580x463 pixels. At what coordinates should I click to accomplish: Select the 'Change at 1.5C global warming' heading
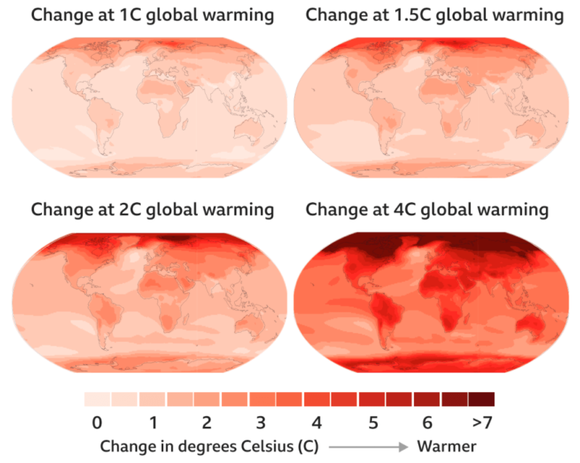click(434, 14)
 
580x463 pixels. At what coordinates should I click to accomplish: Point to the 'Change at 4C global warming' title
click(427, 210)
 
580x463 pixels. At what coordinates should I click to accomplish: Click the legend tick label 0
click(97, 422)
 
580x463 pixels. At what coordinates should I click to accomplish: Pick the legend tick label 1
click(153, 422)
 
